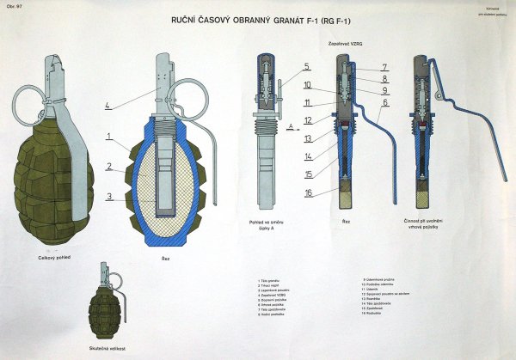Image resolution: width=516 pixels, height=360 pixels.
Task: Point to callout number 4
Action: click(107, 106)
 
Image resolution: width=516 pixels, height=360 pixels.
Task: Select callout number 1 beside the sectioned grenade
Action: click(109, 136)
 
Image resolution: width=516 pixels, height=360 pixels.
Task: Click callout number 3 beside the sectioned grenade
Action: click(109, 196)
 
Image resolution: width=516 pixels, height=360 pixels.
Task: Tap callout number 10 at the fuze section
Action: click(307, 84)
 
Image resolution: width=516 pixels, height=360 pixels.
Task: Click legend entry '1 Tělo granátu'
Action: click(273, 280)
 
